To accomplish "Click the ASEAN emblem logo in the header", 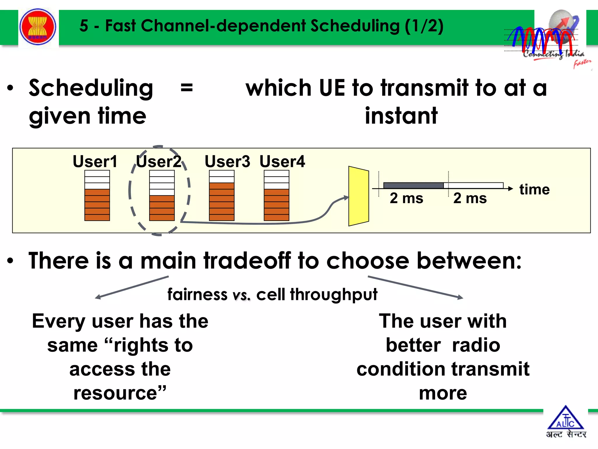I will (x=38, y=27).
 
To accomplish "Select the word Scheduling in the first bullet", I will (x=91, y=88).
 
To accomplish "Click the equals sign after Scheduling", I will (x=187, y=88).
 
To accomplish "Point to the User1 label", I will (x=95, y=161).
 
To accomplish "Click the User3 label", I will (x=227, y=161).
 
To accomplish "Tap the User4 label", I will (x=282, y=161).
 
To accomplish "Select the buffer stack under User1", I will (x=97, y=195).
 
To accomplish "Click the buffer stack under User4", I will (x=276, y=195).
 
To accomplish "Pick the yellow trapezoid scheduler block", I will (x=359, y=196).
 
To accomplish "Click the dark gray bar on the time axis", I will (x=413, y=185).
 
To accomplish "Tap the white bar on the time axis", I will (x=473, y=185).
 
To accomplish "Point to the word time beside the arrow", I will (x=534, y=189).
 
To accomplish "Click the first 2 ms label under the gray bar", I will (x=406, y=198).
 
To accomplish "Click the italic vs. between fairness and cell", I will (x=241, y=295).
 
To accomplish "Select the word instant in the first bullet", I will (x=401, y=116).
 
